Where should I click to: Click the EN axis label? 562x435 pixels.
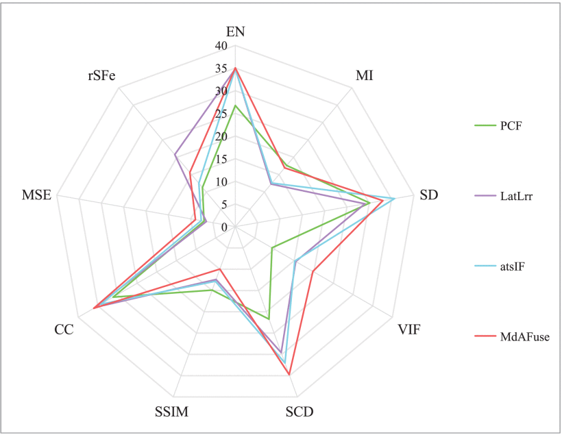[x=235, y=32]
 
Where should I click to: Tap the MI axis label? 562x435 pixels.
[x=364, y=75]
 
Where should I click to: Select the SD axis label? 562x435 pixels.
[x=429, y=195]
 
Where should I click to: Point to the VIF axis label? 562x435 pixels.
[x=409, y=330]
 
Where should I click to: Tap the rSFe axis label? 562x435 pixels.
[x=101, y=75]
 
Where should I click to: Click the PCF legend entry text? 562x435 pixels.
[x=512, y=125]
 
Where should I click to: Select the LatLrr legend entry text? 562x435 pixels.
[x=517, y=195]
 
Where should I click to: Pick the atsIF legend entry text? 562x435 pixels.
[x=514, y=265]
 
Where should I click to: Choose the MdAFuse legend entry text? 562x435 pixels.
[x=524, y=336]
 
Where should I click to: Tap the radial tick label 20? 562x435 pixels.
[x=220, y=137]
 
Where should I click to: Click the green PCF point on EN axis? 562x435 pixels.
[x=235, y=105]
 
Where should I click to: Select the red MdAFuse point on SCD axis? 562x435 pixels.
[x=289, y=375]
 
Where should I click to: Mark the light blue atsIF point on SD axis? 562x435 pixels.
[x=394, y=199]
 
